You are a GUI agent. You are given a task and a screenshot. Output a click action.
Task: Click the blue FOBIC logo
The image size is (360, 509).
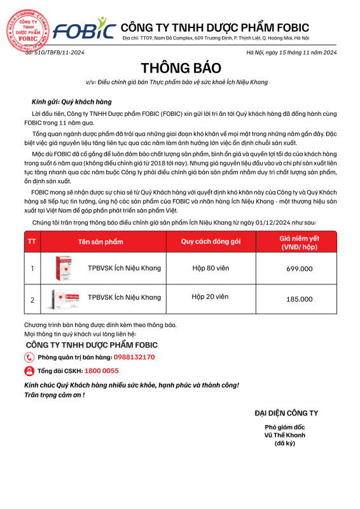(84, 29)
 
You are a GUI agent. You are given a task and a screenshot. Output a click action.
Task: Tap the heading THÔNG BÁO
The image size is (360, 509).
(180, 68)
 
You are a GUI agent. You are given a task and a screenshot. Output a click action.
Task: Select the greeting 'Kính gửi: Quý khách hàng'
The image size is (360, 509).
(71, 101)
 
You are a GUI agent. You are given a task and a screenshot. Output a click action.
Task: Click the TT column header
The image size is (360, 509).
(32, 242)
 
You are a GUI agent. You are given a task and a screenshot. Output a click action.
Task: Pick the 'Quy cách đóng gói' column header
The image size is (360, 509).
(211, 242)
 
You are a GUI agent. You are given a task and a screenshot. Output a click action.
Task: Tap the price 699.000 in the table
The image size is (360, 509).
(300, 268)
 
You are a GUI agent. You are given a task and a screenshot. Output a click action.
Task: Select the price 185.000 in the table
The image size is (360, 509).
(300, 298)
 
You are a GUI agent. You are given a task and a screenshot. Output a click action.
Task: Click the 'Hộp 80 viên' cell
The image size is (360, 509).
(210, 268)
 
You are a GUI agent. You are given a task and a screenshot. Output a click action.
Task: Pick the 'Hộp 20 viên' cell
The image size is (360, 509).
(210, 296)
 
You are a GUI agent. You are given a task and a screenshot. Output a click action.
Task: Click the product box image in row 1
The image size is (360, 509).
(66, 268)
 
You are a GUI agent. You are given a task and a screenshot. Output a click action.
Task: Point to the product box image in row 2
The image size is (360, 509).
(66, 298)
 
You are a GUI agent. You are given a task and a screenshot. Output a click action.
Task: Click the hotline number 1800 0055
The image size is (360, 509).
(101, 370)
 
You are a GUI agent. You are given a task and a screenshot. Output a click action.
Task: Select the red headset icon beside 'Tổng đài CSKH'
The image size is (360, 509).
(29, 370)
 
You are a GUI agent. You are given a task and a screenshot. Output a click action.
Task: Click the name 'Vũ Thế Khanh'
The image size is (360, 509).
(285, 435)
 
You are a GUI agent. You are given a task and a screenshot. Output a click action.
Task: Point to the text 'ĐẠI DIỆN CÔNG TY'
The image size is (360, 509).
(286, 413)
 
